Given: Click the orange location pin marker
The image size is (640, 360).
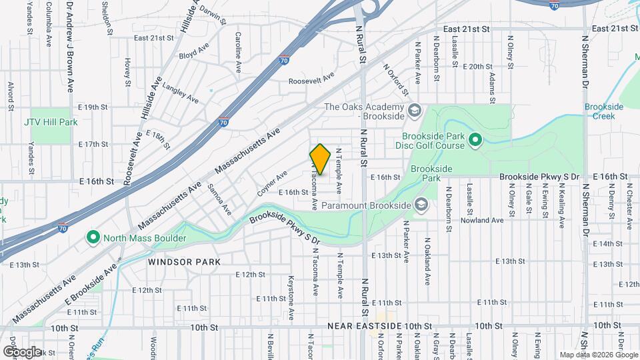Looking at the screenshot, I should coord(320,159).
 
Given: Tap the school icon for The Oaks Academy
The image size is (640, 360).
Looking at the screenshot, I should coord(413,110).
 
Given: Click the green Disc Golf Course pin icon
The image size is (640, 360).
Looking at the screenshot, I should coord(475,140).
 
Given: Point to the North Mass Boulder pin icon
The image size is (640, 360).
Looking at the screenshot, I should coord(93,237).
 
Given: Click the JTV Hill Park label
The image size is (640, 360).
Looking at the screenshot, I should coord(51,122).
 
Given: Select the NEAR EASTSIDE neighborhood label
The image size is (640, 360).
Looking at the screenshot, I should coord(364,326).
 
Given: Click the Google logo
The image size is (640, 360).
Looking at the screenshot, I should coord(21,351).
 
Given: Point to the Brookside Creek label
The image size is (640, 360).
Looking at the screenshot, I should coord(604,111).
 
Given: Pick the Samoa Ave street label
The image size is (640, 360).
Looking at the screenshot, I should coord(219,199).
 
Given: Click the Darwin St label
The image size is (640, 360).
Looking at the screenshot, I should coord(213,16).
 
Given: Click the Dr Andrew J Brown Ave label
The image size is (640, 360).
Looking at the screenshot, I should coord(69,47).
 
